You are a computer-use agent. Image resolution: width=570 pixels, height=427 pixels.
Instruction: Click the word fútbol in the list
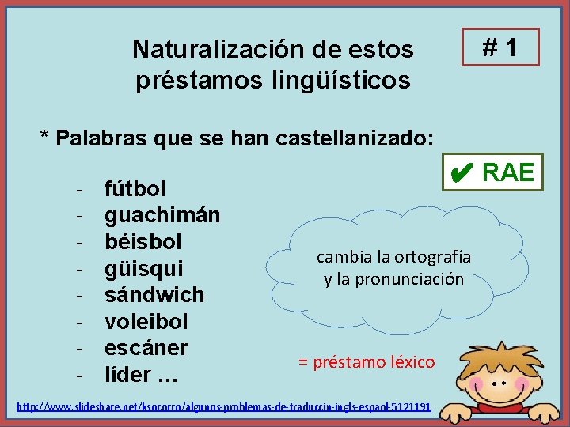[x=135, y=189]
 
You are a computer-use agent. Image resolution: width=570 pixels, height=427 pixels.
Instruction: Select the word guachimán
[x=162, y=215]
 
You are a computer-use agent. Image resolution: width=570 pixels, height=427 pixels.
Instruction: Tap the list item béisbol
[x=143, y=241]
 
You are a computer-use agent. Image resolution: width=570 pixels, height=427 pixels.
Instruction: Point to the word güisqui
[x=143, y=268]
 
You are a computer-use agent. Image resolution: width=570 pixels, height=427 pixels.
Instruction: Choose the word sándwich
[x=154, y=295]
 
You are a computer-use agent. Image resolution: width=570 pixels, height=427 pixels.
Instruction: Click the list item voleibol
[x=146, y=322]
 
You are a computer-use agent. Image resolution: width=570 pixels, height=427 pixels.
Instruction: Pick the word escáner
[x=146, y=348]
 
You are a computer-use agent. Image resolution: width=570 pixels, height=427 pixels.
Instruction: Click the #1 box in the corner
[x=500, y=47]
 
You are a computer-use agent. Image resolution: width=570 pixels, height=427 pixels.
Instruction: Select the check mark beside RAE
[x=463, y=172]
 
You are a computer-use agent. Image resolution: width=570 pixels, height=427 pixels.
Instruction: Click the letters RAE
[x=508, y=172]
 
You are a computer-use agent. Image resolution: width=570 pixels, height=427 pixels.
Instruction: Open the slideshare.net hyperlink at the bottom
[x=224, y=406]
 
